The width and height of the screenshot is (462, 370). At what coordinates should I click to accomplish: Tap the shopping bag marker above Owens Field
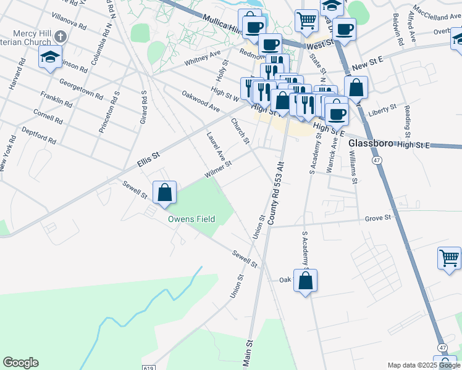[165, 193]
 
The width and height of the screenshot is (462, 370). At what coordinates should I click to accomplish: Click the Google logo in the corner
[20, 363]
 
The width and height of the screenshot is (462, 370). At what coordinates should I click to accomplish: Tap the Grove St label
[378, 218]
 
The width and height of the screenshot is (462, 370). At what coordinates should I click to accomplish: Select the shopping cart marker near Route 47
[449, 258]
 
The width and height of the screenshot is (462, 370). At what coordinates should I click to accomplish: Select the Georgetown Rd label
[81, 89]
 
